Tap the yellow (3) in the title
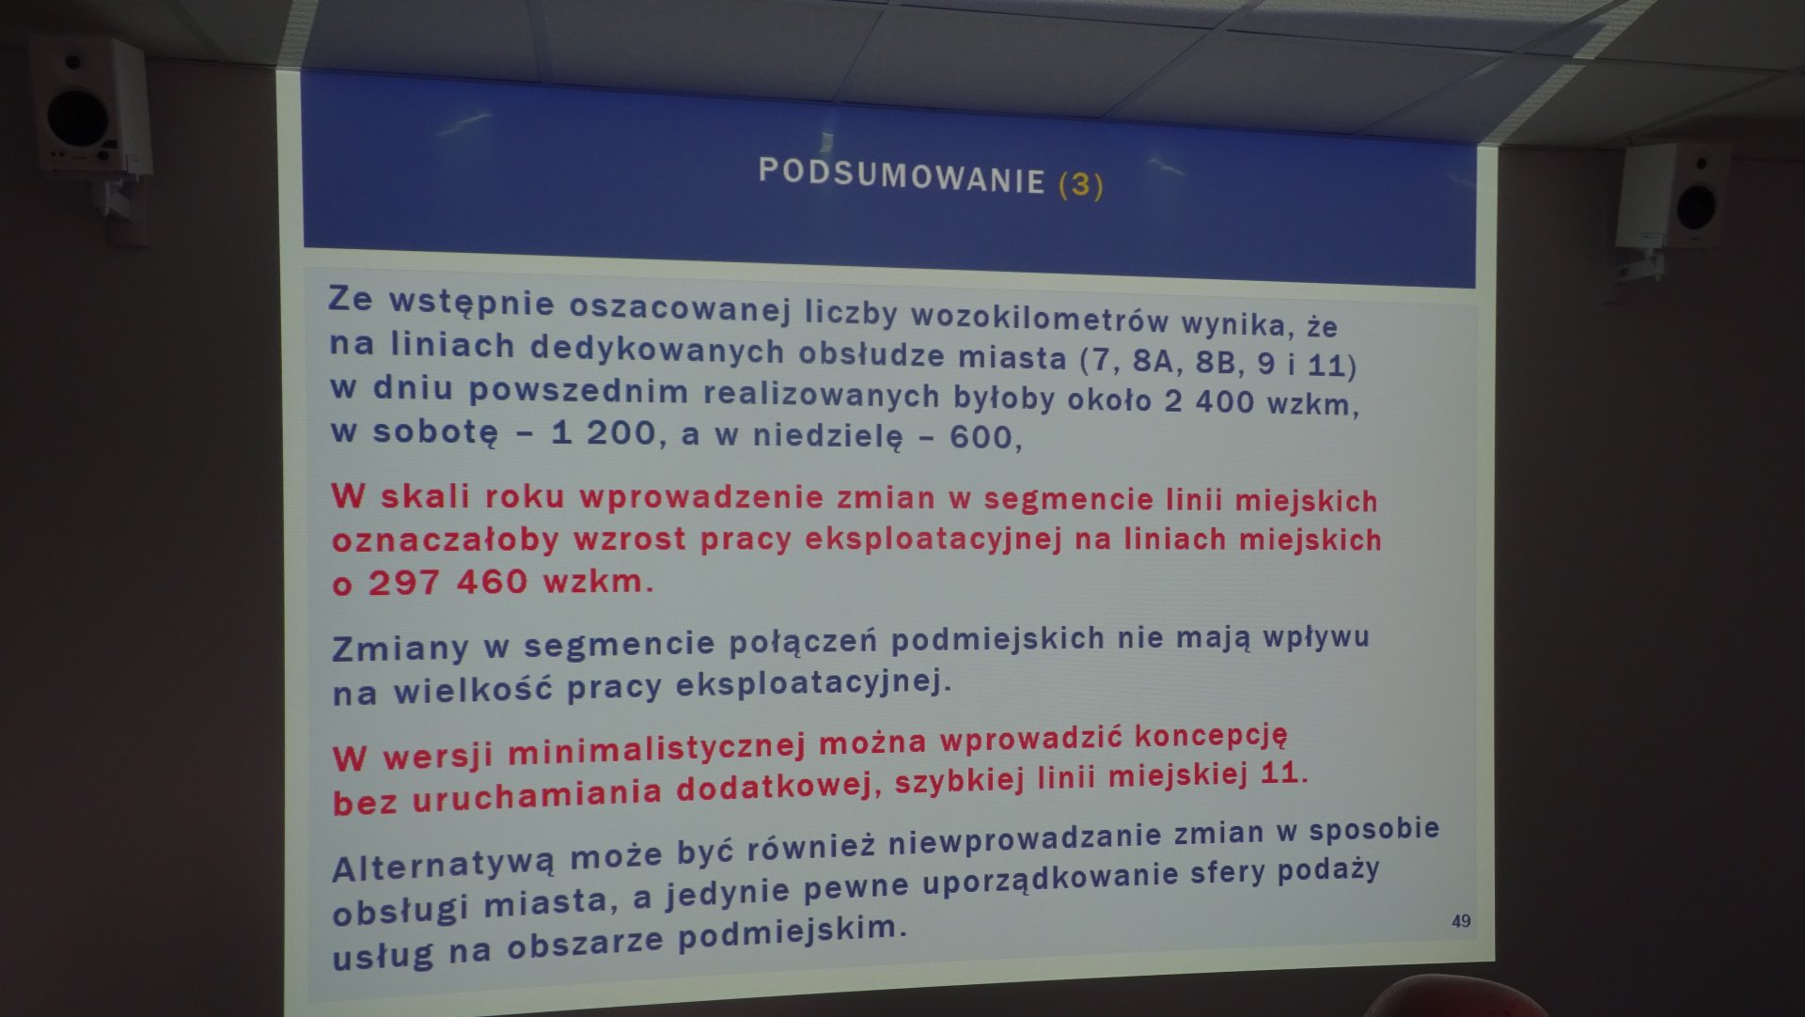click(x=1081, y=184)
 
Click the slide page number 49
click(x=1461, y=921)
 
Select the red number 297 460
click(x=447, y=583)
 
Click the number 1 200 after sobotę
click(x=603, y=433)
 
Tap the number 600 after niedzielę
click(x=981, y=437)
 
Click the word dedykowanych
click(x=657, y=350)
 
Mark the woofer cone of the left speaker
click(x=78, y=118)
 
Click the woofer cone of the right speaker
click(x=1696, y=208)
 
